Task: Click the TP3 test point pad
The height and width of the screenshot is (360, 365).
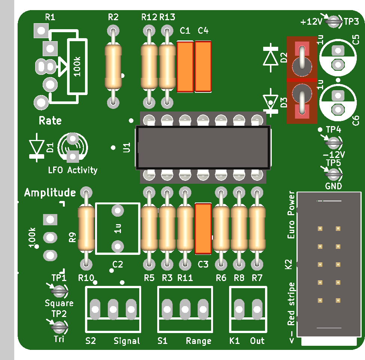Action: tap(333, 22)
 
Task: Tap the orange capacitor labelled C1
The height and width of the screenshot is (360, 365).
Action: tap(185, 67)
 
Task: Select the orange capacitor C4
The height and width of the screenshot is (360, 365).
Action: tap(203, 66)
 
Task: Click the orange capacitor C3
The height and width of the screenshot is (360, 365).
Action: tap(203, 229)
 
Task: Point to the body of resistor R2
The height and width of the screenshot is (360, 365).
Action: tap(113, 67)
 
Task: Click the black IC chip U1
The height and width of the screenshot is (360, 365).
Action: tap(203, 147)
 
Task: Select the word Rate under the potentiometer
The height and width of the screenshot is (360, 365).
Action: tap(50, 120)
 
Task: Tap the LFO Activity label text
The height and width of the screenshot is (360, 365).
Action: tap(73, 170)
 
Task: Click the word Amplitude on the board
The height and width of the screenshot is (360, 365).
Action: tap(50, 193)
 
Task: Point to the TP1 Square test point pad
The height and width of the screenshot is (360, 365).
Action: tap(59, 291)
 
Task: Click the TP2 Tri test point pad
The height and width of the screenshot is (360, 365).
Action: tap(59, 327)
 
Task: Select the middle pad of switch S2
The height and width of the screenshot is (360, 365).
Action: tap(113, 309)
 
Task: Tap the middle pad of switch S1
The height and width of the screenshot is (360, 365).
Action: tap(185, 309)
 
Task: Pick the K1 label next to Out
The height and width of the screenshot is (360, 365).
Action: tap(234, 341)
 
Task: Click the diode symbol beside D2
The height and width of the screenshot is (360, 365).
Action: tap(271, 58)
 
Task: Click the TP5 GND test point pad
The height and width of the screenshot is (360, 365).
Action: tap(333, 174)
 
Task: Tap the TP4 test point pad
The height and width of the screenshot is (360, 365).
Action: tap(333, 143)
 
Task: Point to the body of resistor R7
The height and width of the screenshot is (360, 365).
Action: tap(257, 229)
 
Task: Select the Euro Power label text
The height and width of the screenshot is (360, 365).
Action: tap(291, 215)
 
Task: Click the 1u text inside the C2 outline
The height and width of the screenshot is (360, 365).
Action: tap(118, 229)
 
